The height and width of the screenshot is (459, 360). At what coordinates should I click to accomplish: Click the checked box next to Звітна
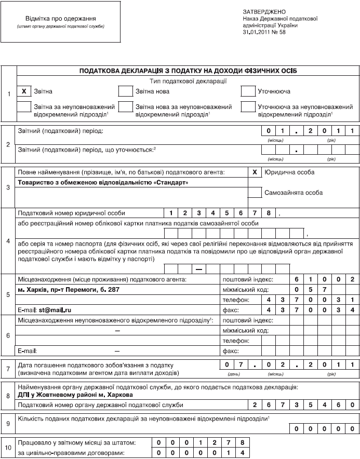(x=24, y=90)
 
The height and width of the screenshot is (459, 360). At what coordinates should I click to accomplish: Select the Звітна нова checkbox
(x=126, y=90)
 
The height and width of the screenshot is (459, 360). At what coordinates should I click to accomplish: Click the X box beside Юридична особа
(x=254, y=172)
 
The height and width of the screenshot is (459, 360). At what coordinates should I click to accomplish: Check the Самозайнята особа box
(x=254, y=192)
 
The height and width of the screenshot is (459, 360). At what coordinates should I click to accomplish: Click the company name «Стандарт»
(x=102, y=182)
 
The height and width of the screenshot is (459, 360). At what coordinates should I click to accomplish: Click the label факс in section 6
(x=231, y=350)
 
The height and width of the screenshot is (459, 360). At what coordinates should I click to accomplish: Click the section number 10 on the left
(x=8, y=448)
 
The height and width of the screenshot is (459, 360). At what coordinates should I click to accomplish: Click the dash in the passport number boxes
(x=198, y=268)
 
